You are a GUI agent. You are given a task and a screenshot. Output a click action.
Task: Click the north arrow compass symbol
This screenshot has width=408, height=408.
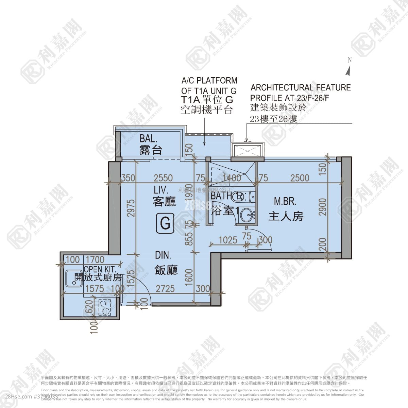pos(348,70)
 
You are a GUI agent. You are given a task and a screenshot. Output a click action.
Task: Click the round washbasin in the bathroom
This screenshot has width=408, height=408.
pos(246,215)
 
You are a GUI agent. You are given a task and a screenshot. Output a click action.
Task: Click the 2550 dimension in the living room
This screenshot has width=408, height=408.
pos(163,178)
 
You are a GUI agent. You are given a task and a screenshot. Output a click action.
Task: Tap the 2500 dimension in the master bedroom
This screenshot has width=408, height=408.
pos(300,178)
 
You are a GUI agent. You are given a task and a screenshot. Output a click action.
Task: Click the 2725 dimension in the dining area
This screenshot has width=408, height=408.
pos(165,289)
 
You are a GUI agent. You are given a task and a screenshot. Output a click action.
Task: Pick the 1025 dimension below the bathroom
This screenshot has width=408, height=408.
pos(228,240)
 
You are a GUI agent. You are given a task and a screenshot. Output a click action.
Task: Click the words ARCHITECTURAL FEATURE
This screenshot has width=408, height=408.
pos(301,88)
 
